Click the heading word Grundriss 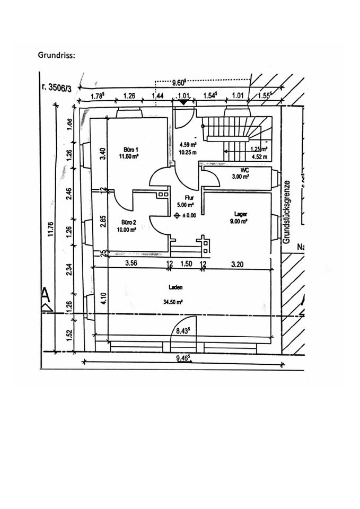(56, 55)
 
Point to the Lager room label (241, 215)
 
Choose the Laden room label (177, 287)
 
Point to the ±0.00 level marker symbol (178, 215)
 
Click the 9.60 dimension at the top (179, 83)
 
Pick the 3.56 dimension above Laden (132, 264)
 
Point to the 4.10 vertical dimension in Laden (104, 299)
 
